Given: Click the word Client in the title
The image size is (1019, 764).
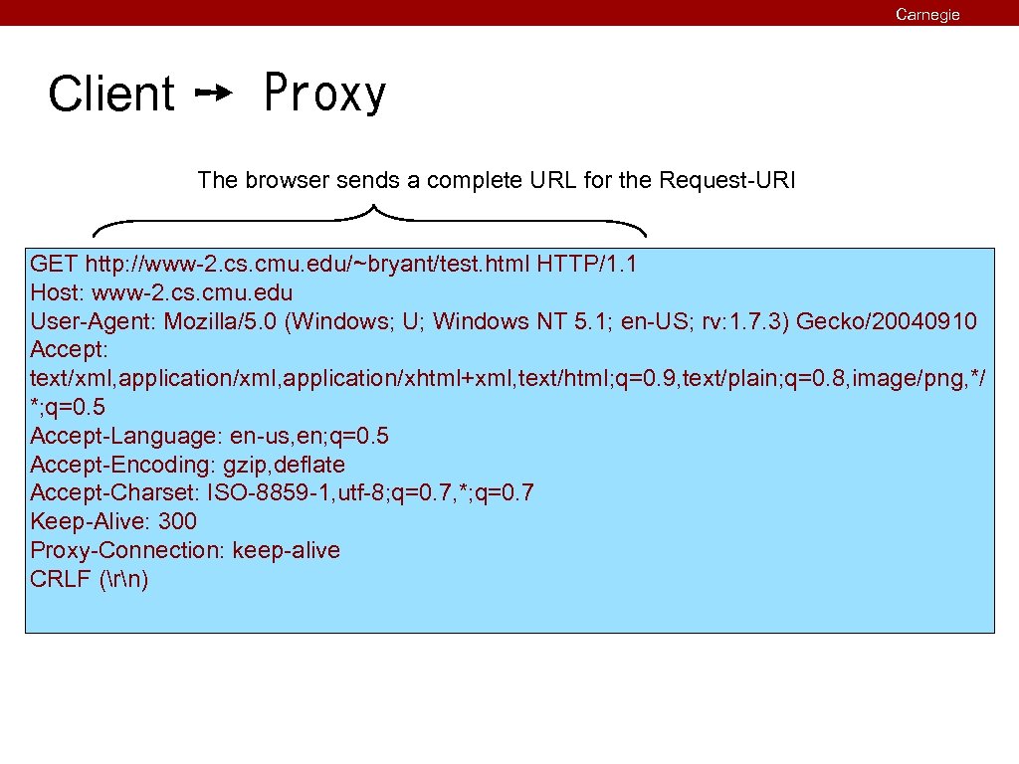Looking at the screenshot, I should point(111,95).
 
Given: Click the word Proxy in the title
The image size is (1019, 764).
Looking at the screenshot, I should point(324,95).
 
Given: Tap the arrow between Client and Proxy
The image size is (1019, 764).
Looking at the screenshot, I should point(214,94).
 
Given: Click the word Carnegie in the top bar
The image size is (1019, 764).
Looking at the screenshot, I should point(927,14).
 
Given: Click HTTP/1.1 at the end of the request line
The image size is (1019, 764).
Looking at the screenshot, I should point(587,264).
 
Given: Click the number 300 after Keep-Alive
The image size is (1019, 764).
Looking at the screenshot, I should point(177,521).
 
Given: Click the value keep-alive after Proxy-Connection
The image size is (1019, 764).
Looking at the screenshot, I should point(287,550).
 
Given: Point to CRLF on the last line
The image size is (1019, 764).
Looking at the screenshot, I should point(61,579).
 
